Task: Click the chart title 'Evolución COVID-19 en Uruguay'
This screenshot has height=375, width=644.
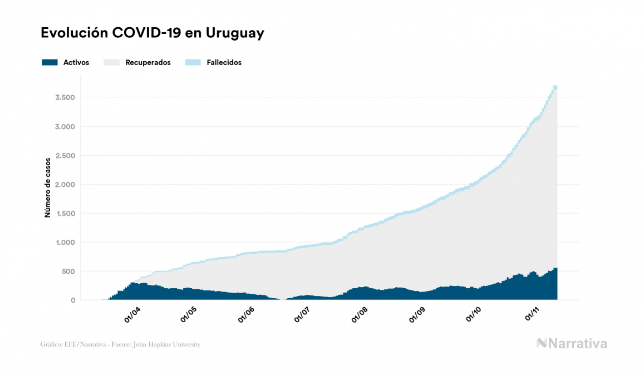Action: tap(152, 33)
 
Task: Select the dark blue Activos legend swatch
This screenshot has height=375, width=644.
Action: tap(50, 62)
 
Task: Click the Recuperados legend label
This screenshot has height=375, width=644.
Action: tap(148, 62)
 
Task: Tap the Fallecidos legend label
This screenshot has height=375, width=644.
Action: tap(224, 62)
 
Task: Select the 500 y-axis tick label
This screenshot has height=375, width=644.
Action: tap(68, 272)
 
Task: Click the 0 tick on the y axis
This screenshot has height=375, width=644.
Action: tap(73, 300)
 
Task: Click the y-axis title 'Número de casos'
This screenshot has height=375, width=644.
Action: tap(48, 187)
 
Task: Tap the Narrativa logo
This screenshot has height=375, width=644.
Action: tap(572, 343)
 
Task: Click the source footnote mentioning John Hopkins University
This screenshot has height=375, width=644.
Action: tap(120, 344)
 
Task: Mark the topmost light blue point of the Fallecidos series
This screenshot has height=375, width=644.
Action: tap(555, 87)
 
